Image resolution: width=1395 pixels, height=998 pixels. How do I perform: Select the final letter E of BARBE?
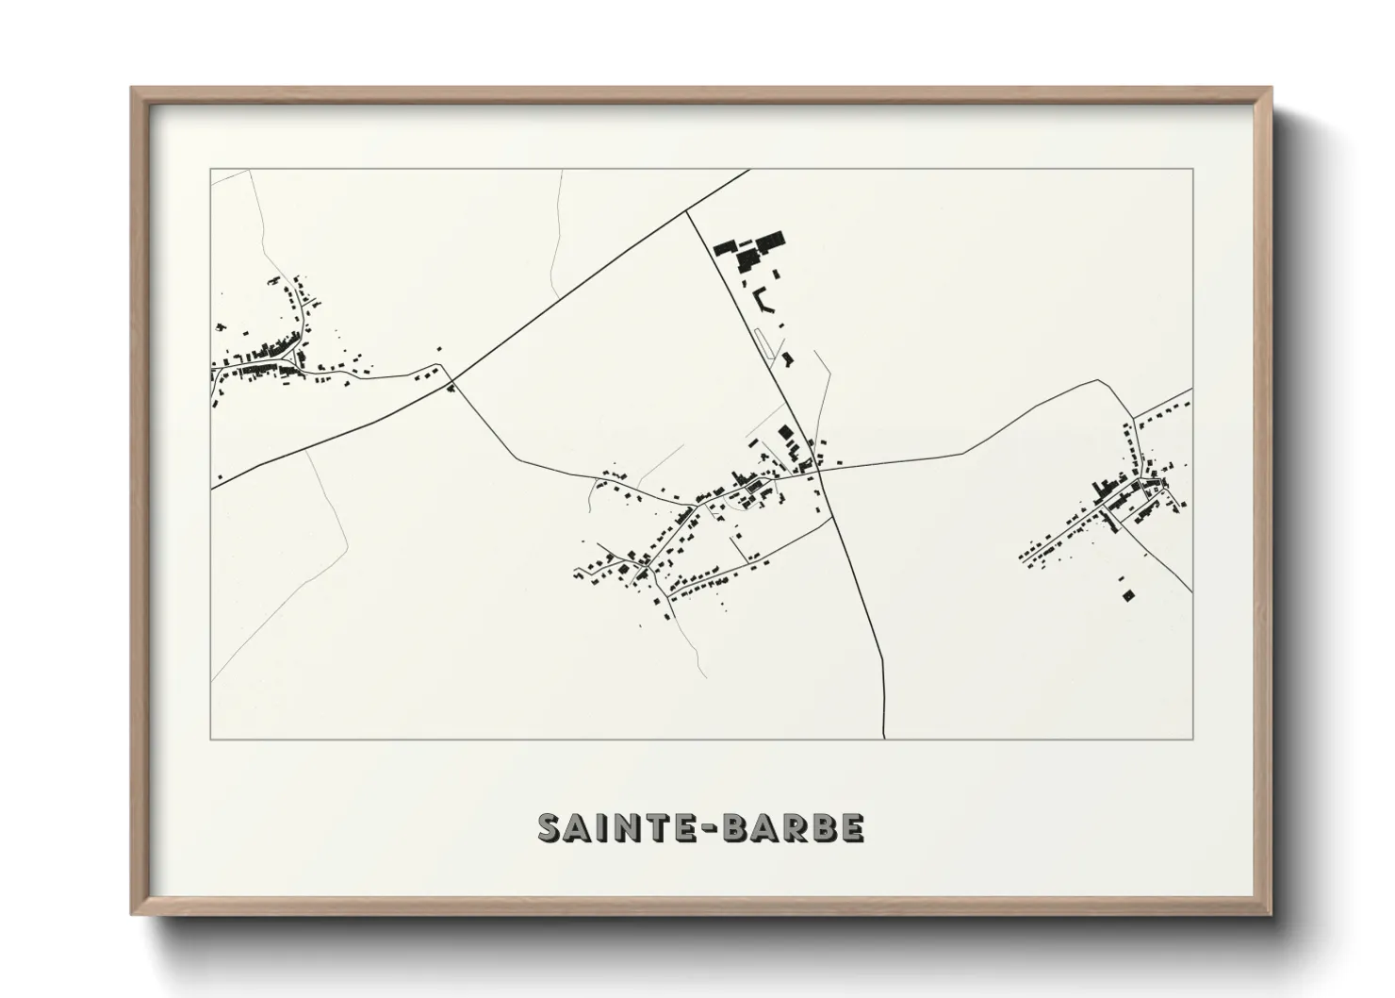coord(853,827)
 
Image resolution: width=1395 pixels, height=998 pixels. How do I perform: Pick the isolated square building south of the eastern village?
coord(1127,594)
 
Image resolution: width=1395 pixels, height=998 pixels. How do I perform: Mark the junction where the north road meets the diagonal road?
coord(686,211)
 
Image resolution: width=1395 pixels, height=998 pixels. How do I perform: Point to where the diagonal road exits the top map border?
coord(749,170)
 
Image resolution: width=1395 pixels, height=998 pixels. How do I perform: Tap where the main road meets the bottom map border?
coord(885,739)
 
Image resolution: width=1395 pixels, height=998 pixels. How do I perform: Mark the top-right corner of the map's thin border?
coord(1192,169)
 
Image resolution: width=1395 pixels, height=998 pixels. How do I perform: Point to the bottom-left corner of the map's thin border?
coord(210,740)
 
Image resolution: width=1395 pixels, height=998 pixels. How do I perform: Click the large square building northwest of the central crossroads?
coord(785,432)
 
